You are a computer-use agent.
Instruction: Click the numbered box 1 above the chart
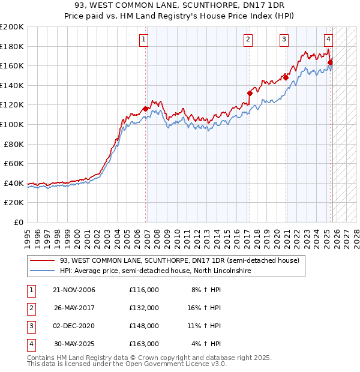coord(145,40)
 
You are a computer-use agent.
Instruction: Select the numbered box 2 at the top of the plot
coord(248,40)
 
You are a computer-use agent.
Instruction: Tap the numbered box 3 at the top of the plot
coord(284,40)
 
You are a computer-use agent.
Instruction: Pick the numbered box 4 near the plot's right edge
coord(329,40)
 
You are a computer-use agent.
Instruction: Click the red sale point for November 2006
coord(145,109)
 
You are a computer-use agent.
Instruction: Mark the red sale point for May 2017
coord(250,93)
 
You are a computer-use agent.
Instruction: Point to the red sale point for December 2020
coord(286,77)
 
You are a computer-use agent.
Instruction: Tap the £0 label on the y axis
coord(18,222)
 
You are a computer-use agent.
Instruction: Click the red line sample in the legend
coord(43,260)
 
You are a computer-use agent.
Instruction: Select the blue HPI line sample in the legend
coord(43,271)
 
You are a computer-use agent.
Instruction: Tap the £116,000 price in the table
coord(144,290)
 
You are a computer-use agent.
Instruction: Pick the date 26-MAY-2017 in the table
coord(74,308)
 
